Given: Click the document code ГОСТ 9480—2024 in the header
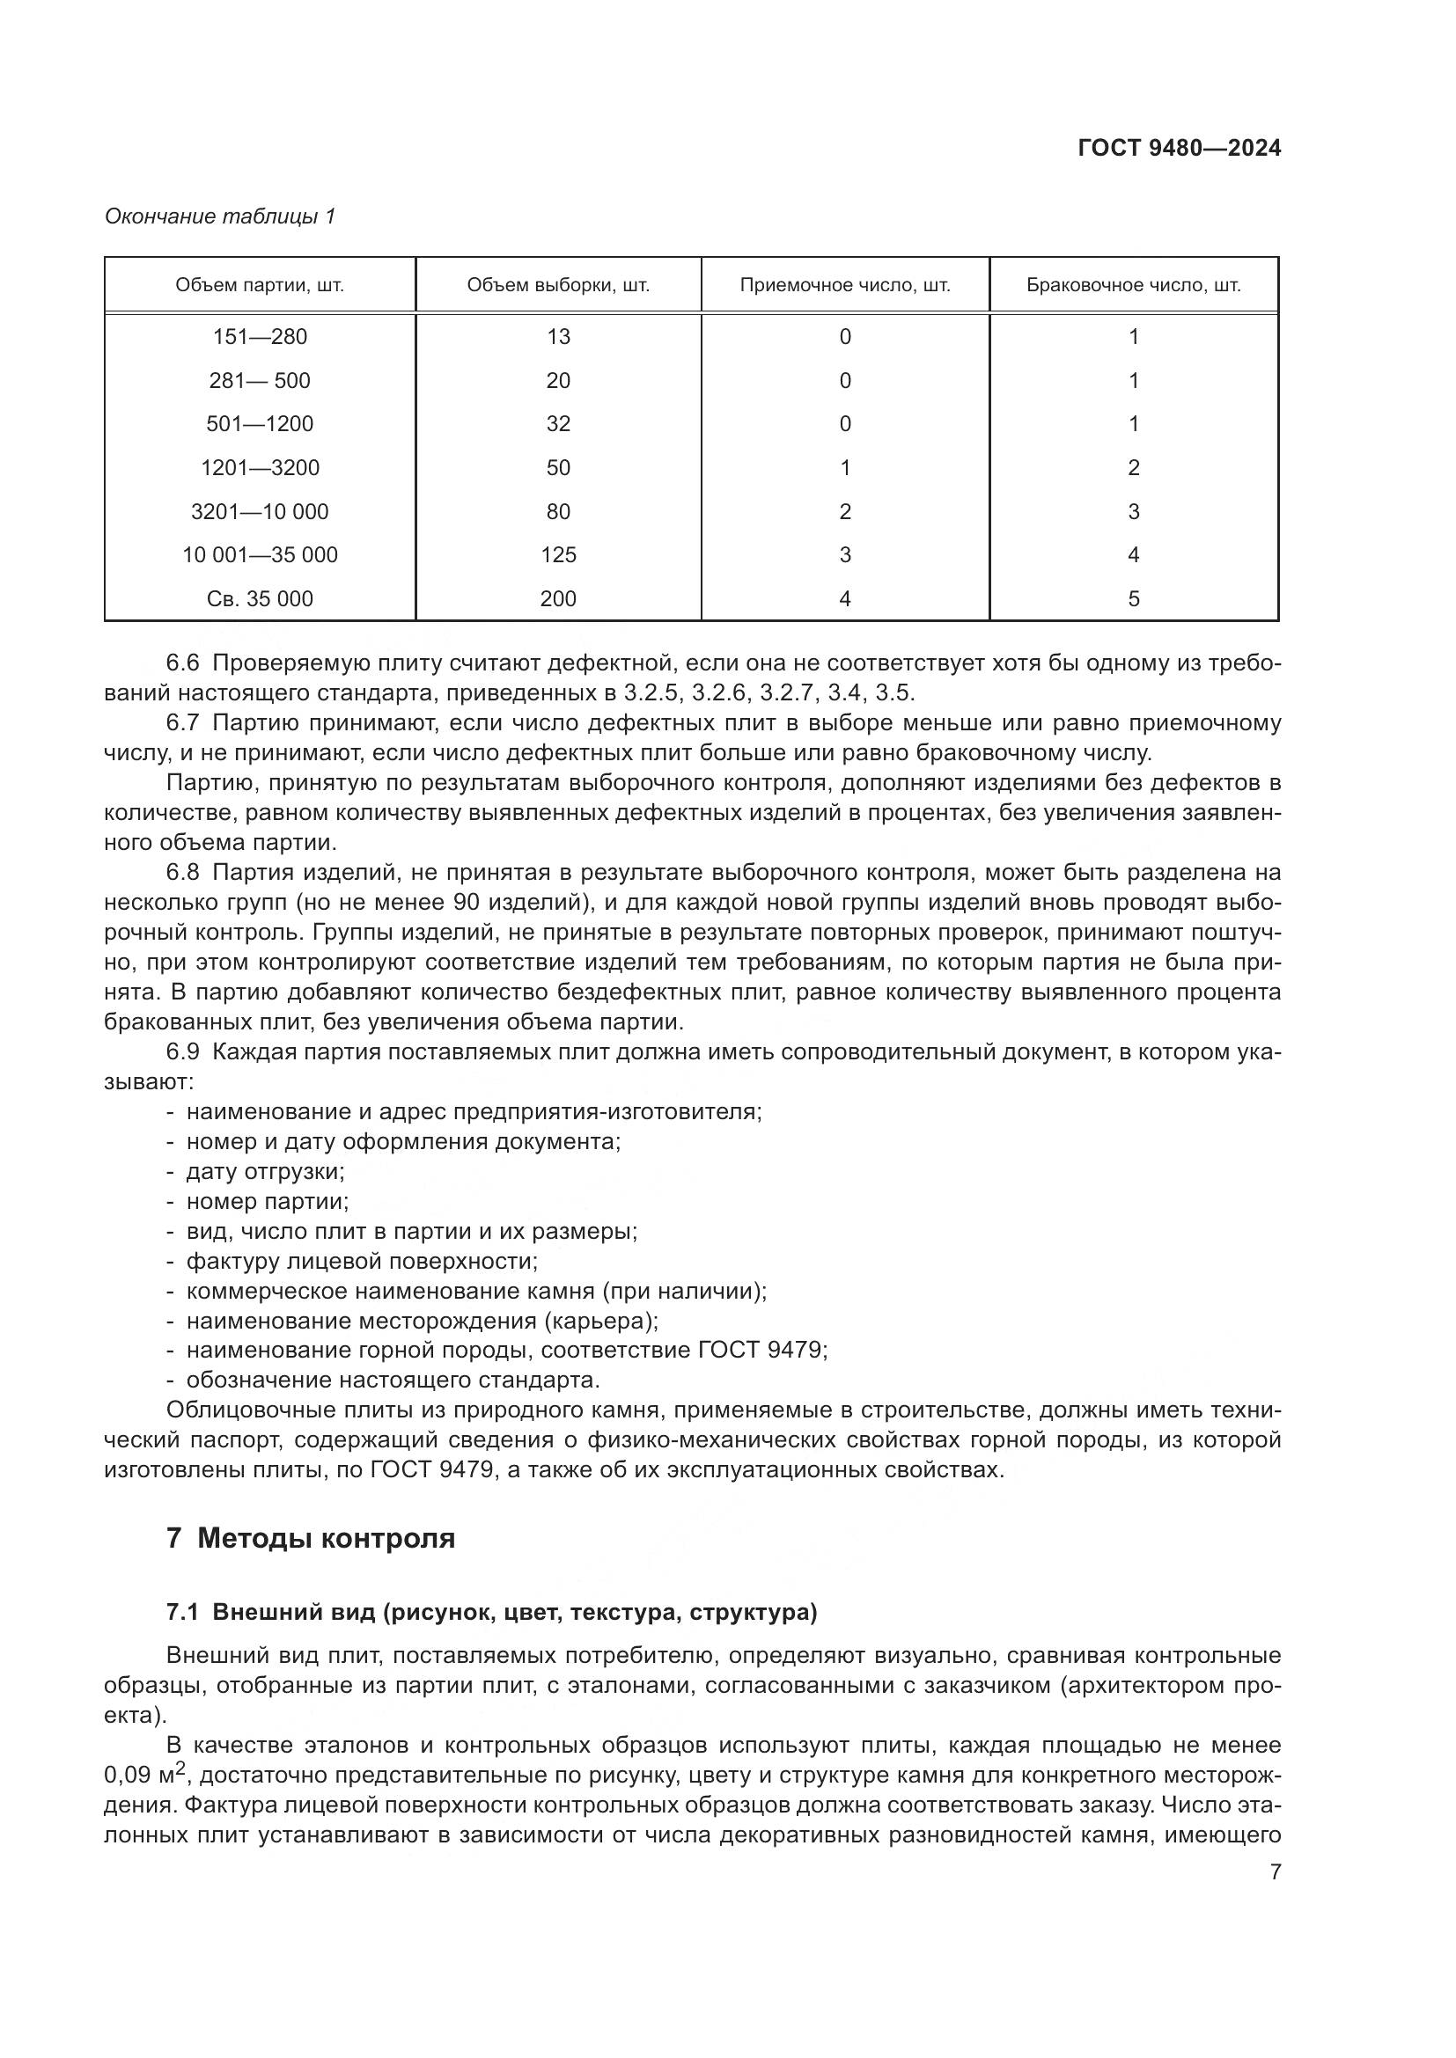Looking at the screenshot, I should click(x=1179, y=148).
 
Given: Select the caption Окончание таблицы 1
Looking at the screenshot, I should click(x=220, y=216).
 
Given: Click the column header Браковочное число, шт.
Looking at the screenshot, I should click(x=1133, y=285).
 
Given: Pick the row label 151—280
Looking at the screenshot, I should click(x=260, y=337).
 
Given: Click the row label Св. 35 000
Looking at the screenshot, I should click(x=260, y=599).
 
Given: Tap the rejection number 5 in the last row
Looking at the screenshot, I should click(x=1133, y=599).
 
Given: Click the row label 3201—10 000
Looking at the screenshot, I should click(x=260, y=512).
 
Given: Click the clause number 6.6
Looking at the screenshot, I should click(x=182, y=663).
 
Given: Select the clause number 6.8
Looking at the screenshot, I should click(x=182, y=872).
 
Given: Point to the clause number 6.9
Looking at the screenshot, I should click(x=182, y=1051).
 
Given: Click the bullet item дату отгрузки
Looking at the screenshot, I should click(x=264, y=1171).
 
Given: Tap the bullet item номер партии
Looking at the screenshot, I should click(x=268, y=1201).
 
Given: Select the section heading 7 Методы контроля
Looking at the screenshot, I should click(x=310, y=1538).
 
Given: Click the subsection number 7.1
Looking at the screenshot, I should click(x=182, y=1613).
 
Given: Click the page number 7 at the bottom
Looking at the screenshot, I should click(x=1275, y=1871).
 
